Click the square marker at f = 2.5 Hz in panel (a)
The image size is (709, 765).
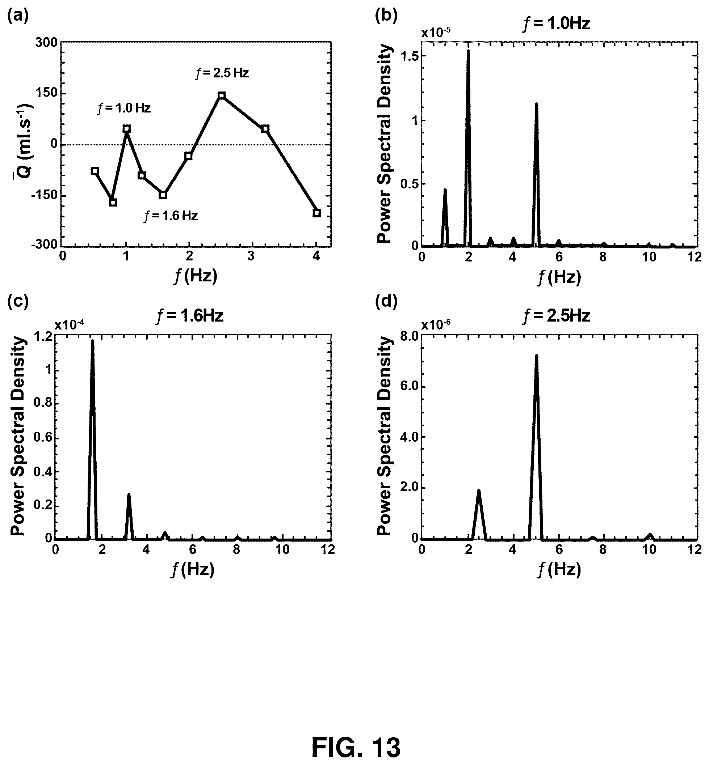coord(221,95)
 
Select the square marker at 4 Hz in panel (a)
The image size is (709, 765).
coord(316,213)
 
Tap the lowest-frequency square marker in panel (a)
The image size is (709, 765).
coord(95,171)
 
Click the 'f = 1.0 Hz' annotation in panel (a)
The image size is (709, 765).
coord(124,109)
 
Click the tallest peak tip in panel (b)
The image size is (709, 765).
coord(468,51)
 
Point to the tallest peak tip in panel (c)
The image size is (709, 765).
coord(92,340)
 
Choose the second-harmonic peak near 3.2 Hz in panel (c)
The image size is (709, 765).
coord(129,495)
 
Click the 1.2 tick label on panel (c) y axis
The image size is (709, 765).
coord(43,336)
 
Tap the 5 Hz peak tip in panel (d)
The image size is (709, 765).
coord(536,356)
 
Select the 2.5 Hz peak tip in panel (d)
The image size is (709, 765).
coord(479,490)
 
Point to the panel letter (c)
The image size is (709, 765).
coord(18,302)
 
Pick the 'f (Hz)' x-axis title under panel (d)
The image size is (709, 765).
coord(559,570)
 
